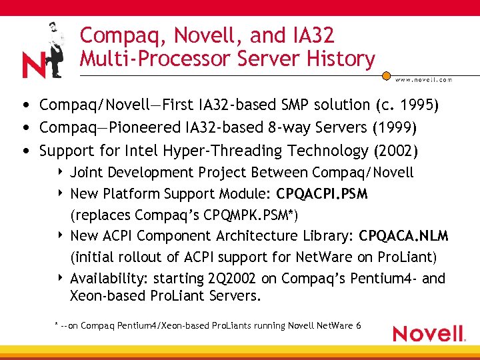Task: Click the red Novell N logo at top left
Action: pos(33,65)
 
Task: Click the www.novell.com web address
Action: pos(423,79)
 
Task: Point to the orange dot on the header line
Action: pos(385,75)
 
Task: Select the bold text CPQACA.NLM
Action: pos(403,236)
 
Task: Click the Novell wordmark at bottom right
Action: pos(429,333)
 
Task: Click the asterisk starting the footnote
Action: pos(56,325)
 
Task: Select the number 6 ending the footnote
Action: pos(359,325)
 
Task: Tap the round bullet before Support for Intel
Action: pos(25,151)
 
